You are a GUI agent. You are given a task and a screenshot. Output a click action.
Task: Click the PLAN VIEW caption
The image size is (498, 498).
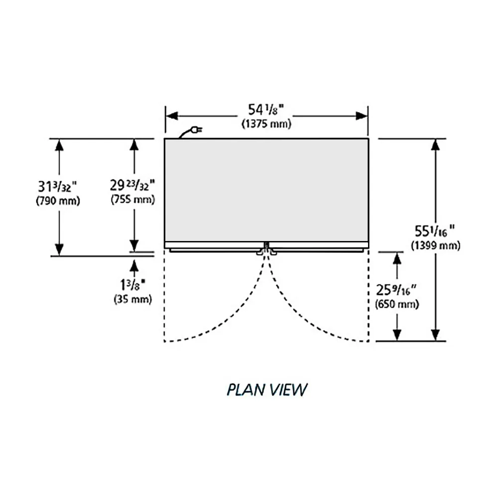click(x=266, y=389)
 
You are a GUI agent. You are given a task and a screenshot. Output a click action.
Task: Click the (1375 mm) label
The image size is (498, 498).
click(x=266, y=124)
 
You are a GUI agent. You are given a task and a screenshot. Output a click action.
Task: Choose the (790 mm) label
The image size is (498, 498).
click(x=58, y=201)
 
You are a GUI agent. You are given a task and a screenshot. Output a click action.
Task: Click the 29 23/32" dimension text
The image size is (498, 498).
click(x=133, y=185)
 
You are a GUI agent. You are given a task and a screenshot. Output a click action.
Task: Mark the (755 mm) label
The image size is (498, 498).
click(x=133, y=200)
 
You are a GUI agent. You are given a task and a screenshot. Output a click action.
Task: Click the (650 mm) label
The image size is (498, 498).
click(x=397, y=304)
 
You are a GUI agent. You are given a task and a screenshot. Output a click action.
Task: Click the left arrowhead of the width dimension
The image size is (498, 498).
click(x=171, y=116)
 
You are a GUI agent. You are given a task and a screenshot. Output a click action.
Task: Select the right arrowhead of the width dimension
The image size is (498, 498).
click(x=362, y=116)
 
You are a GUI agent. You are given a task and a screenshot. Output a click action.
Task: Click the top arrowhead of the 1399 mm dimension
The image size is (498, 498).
click(x=436, y=144)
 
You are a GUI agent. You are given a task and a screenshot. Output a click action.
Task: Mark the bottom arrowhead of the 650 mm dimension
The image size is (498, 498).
click(x=397, y=335)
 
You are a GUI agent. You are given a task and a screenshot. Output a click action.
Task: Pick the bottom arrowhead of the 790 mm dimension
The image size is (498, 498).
click(x=59, y=249)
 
